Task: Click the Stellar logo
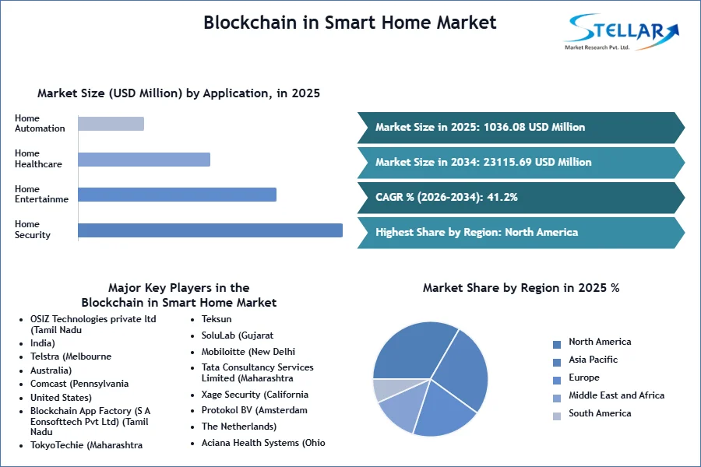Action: tap(622, 31)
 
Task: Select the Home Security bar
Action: tap(210, 230)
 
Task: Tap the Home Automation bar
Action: tap(111, 123)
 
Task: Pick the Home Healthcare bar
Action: tap(144, 159)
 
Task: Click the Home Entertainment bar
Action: tap(177, 195)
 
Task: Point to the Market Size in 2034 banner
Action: tap(521, 162)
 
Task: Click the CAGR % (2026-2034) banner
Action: tap(521, 197)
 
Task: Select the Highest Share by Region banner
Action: tap(521, 233)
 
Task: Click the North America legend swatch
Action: tap(557, 345)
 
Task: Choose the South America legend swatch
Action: tap(557, 416)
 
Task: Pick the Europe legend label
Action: tap(584, 377)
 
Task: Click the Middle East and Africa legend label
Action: tap(617, 395)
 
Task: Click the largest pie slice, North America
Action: tap(414, 351)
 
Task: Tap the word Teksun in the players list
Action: tap(217, 319)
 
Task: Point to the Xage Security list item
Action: tap(255, 395)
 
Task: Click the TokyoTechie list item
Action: tap(86, 445)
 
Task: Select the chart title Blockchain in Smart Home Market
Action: tap(350, 23)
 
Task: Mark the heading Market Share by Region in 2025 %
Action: tap(521, 288)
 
